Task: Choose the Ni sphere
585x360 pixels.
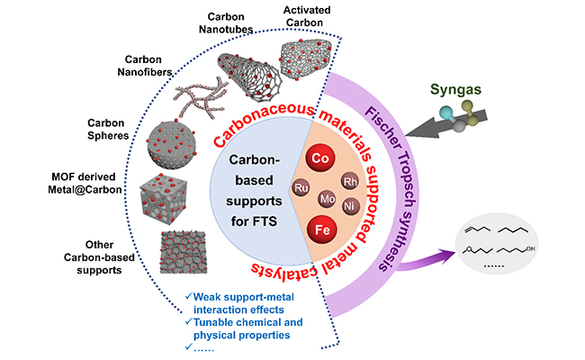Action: (352, 205)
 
